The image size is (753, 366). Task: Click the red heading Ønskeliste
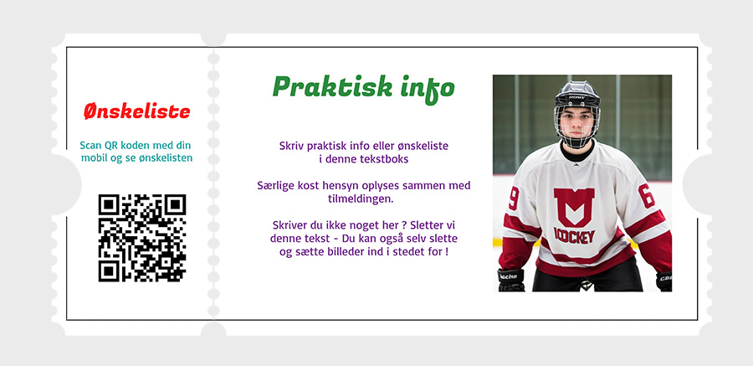coord(137,111)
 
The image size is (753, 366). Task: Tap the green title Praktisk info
coord(364,87)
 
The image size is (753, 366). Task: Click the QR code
coord(142,238)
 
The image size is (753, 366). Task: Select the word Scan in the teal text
coord(91,145)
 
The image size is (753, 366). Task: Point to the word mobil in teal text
coord(94,157)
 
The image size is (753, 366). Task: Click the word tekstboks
coord(384,159)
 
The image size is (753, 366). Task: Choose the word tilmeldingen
coord(364,198)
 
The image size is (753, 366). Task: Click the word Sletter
coord(428,225)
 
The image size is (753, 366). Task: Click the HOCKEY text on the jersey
coord(575,235)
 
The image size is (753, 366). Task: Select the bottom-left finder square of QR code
coord(110,271)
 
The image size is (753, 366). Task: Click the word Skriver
coord(289,225)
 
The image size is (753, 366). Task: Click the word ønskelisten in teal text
coord(165,157)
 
